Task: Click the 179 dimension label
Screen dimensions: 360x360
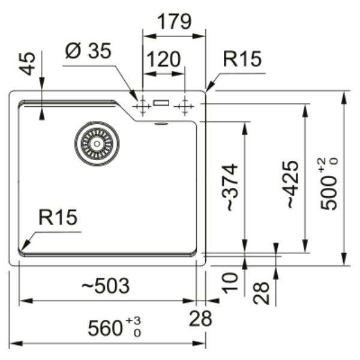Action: coord(175,22)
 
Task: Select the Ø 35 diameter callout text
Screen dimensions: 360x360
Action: coord(88,51)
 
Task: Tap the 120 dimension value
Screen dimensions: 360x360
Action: coord(163,59)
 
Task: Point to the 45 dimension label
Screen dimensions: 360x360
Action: coord(28,64)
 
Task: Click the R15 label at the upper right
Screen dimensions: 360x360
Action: coord(242,59)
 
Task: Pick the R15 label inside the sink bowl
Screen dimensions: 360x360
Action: coord(58,217)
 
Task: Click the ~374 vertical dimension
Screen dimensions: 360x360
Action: coord(230,187)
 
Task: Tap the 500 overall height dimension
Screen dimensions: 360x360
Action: coord(328,193)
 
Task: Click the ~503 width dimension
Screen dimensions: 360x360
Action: coord(106,286)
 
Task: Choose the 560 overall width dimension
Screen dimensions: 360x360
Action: coord(105,328)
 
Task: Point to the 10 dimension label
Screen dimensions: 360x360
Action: coord(230,283)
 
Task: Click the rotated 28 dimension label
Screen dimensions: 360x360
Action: coord(261,293)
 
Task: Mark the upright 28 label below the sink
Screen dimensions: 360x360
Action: coord(200,319)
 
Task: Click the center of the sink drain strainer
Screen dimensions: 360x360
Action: coord(97,144)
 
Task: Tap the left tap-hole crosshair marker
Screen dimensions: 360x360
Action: coord(142,106)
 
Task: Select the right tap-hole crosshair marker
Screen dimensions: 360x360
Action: coord(184,106)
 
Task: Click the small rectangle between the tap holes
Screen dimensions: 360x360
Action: coord(161,103)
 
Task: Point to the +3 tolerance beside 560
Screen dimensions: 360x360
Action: coord(133,321)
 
